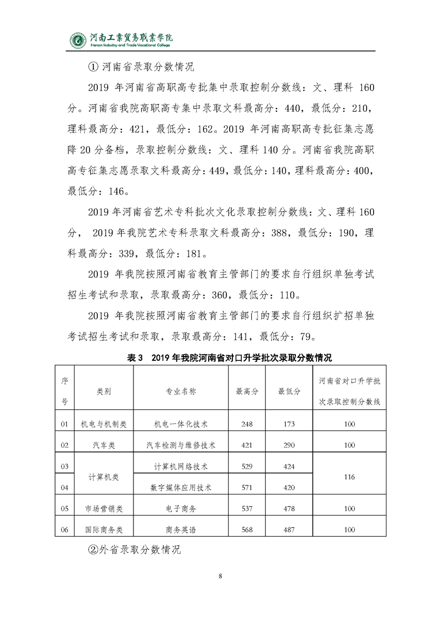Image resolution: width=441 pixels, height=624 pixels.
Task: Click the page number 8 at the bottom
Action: pos(220,575)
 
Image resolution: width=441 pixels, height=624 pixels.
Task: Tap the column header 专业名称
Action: pos(181,391)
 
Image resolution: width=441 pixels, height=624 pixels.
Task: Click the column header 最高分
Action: pos(247,391)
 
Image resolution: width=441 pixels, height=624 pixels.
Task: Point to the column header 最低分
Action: pos(289,391)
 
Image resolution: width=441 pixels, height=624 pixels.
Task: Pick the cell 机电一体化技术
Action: pos(181,424)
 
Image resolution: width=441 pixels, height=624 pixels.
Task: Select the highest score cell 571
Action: pos(247,488)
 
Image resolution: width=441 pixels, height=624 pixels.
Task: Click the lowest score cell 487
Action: pos(289,529)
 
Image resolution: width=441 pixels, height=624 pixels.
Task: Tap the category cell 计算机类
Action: pos(103,477)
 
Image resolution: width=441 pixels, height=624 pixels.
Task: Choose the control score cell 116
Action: pos(349,477)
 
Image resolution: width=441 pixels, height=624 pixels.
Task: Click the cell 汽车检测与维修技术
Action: pos(181,445)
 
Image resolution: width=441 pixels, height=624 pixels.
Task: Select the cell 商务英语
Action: pos(181,529)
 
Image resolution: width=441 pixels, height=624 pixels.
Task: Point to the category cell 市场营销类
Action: pos(103,508)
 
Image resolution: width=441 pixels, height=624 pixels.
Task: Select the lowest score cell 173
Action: pos(289,424)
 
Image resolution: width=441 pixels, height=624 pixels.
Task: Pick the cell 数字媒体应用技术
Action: pos(181,488)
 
